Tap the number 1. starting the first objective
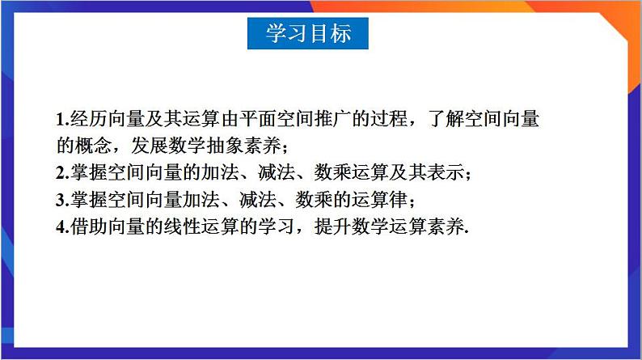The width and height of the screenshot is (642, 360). tap(62, 120)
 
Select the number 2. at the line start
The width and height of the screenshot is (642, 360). tap(62, 173)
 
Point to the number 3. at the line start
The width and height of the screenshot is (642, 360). tap(62, 200)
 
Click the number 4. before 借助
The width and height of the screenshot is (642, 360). tap(62, 227)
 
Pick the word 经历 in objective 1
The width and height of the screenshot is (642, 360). tap(88, 120)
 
